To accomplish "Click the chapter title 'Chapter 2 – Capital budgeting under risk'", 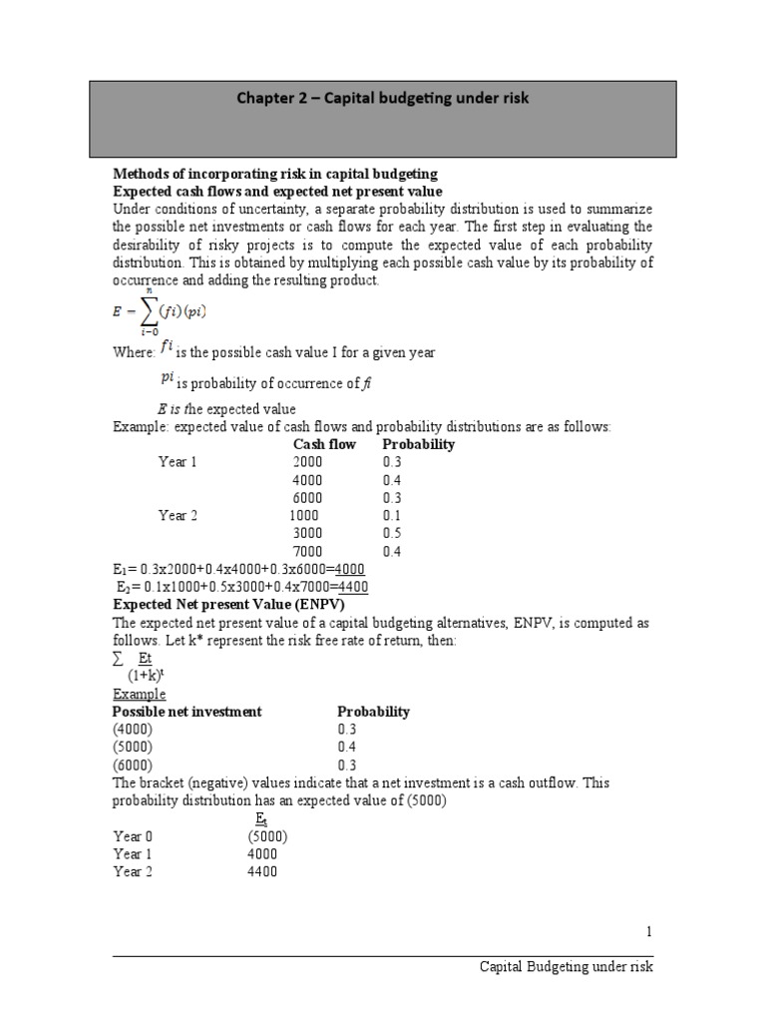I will click(382, 98).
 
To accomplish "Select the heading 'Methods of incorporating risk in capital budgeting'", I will click(275, 174).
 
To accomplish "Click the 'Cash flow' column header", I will click(323, 444).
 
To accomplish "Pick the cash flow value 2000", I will click(308, 462).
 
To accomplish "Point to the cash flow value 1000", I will click(304, 516).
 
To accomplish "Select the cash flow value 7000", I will click(308, 551).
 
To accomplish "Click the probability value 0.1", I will click(391, 516).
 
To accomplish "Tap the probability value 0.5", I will click(391, 534).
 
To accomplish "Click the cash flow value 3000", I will click(308, 534).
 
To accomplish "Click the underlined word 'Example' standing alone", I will click(139, 694).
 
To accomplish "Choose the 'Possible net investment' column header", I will click(187, 712).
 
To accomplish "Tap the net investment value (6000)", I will click(133, 766).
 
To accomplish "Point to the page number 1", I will click(648, 931).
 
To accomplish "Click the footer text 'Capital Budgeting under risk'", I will click(567, 967).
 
